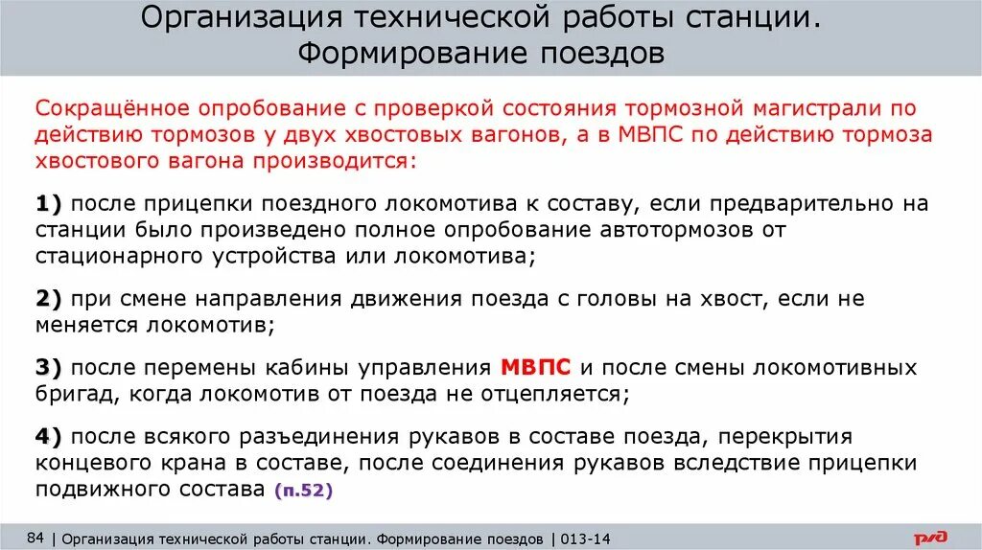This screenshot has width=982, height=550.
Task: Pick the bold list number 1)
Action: tap(48, 204)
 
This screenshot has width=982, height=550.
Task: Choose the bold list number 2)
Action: tap(48, 299)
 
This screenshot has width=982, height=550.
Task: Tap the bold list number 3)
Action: tap(48, 368)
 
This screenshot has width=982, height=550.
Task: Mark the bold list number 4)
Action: tap(48, 437)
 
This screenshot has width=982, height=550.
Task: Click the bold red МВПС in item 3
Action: tap(536, 368)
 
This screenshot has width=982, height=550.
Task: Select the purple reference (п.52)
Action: tap(303, 491)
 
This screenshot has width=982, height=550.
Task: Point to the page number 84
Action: tap(36, 538)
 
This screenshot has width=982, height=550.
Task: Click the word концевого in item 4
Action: tap(95, 464)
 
